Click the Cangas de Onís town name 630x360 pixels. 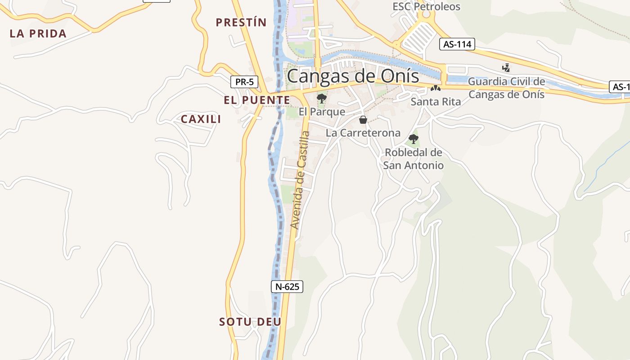tap(353, 76)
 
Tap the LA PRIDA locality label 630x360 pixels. tap(38, 33)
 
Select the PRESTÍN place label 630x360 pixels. tap(241, 22)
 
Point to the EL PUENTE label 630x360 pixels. tap(257, 100)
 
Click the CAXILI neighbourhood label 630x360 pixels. tap(201, 119)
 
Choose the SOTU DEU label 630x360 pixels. tap(250, 322)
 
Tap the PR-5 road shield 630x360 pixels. tap(244, 82)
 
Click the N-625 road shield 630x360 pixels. tap(287, 286)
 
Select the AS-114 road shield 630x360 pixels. tap(457, 44)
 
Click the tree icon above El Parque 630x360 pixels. tap(321, 99)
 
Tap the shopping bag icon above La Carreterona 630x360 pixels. tap(363, 120)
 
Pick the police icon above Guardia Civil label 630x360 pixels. tap(506, 68)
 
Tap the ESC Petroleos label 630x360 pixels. tap(426, 6)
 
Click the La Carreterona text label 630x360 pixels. tap(363, 133)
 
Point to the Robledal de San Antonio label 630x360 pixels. tap(413, 159)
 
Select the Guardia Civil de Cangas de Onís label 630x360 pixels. tap(506, 88)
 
